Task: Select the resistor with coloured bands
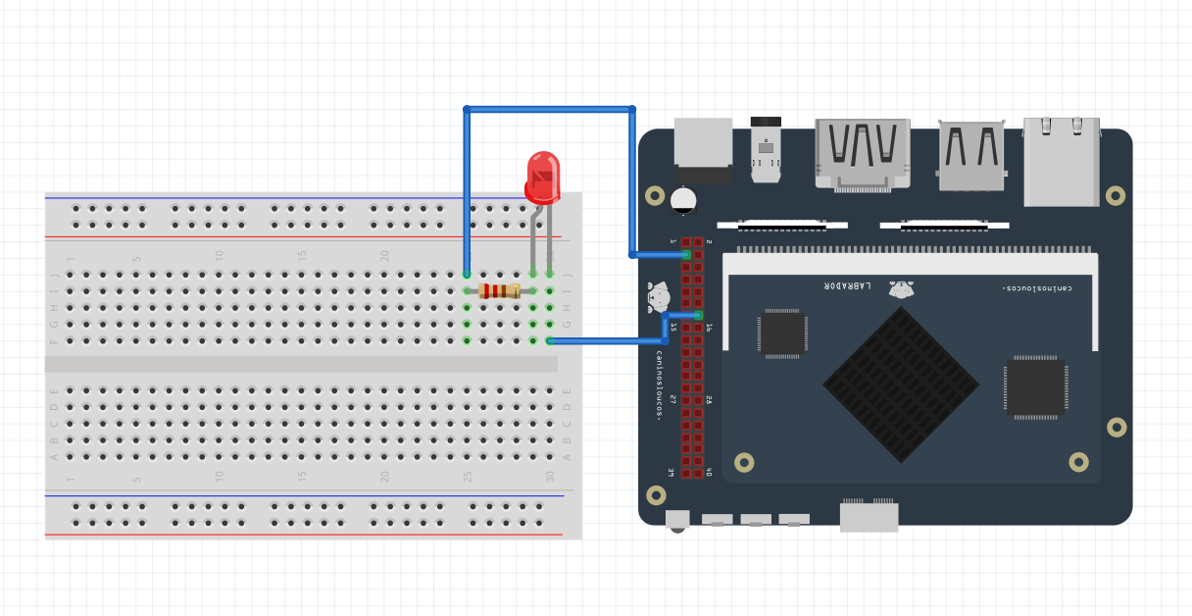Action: (x=499, y=290)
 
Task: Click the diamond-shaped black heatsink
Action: (x=900, y=384)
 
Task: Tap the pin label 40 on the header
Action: (x=709, y=473)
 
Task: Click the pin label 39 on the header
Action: (x=672, y=473)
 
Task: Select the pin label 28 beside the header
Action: (x=709, y=400)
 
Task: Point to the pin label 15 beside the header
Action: (x=672, y=328)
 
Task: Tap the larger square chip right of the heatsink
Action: (x=1034, y=386)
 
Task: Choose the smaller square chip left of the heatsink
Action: (x=782, y=333)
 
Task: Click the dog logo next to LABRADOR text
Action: (x=901, y=288)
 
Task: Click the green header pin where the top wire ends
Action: (x=686, y=255)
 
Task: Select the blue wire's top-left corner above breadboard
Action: (x=467, y=109)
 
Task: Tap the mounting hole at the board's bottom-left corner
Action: (x=656, y=495)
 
